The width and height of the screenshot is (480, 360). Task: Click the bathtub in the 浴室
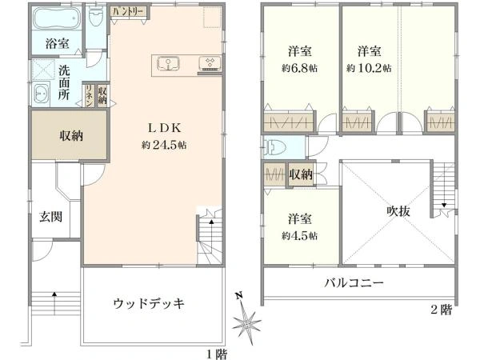click(x=57, y=18)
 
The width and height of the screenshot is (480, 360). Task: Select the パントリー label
click(x=128, y=12)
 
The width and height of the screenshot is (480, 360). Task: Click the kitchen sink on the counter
click(x=168, y=64)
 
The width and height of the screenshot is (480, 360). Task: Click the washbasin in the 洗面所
click(x=42, y=93)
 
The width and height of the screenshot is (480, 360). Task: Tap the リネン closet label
click(x=90, y=95)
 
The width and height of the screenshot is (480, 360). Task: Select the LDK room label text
click(x=165, y=128)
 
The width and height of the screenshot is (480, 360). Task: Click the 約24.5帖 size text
click(x=164, y=145)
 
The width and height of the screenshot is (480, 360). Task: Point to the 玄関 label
click(x=51, y=217)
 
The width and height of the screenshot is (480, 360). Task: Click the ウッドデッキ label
click(x=149, y=304)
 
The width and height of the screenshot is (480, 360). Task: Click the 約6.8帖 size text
click(x=300, y=68)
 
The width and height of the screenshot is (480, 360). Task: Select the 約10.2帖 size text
click(x=369, y=68)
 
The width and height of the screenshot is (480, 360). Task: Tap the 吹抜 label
click(x=398, y=211)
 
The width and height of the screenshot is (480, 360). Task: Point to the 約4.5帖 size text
click(x=300, y=236)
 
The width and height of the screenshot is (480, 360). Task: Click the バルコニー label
click(x=354, y=282)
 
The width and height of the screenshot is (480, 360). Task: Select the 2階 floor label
click(x=441, y=310)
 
